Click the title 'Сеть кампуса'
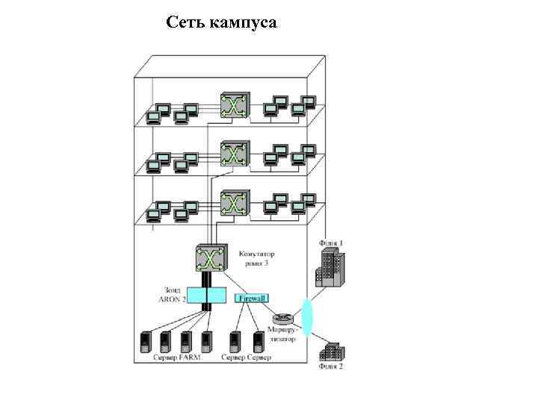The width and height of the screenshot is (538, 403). click(221, 22)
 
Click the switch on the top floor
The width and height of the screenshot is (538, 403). click(233, 106)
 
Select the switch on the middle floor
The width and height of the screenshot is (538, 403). click(233, 154)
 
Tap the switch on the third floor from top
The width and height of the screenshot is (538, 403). click(233, 203)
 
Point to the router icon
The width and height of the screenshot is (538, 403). click(282, 319)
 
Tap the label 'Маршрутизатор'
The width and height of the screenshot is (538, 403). click(282, 334)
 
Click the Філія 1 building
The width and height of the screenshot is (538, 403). click(329, 268)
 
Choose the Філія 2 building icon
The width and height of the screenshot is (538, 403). click(330, 352)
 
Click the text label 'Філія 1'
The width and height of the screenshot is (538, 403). click(331, 243)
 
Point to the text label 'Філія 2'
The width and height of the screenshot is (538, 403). click(331, 367)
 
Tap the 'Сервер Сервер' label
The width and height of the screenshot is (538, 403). click(247, 358)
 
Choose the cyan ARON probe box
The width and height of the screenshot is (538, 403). click(205, 297)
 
